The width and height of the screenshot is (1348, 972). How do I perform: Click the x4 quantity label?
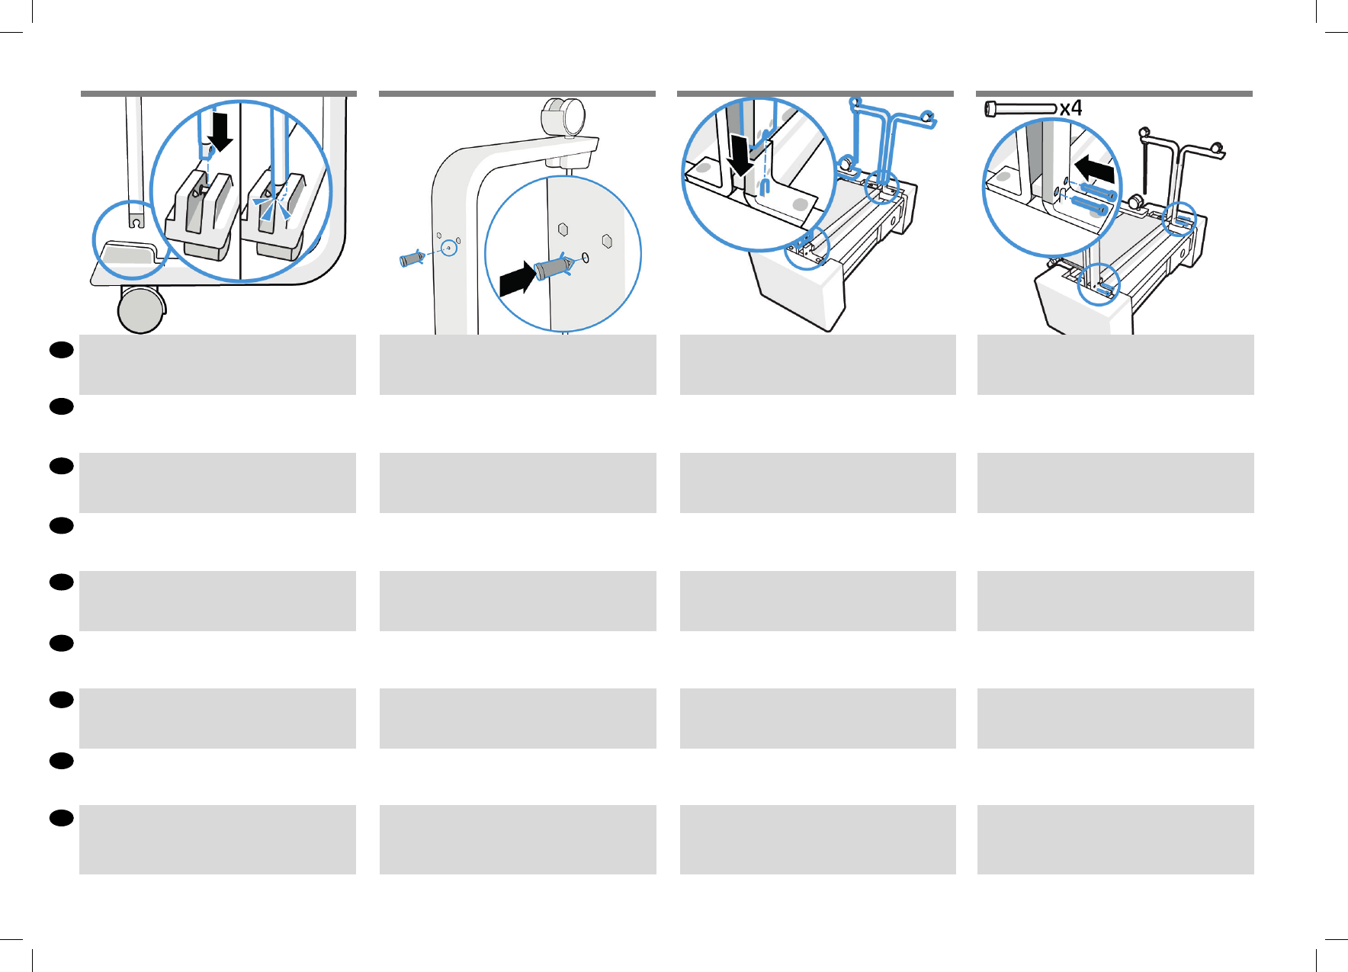click(x=1070, y=108)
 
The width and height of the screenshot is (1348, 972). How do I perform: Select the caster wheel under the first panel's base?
click(x=141, y=310)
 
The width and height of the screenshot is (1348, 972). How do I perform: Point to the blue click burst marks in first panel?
click(x=272, y=206)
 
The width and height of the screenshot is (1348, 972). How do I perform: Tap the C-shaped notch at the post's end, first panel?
click(x=135, y=221)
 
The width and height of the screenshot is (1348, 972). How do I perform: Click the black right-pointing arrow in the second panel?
click(x=516, y=279)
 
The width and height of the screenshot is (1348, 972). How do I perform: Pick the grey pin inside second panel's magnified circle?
click(x=553, y=266)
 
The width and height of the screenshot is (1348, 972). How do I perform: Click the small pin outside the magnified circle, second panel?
click(x=411, y=258)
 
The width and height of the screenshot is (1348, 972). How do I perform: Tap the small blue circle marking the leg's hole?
click(x=450, y=248)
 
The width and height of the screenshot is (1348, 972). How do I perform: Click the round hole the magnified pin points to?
click(x=586, y=258)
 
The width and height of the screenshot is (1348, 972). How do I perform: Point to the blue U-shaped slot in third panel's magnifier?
click(x=765, y=186)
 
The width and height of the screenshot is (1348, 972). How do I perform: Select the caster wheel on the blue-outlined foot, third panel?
click(x=846, y=162)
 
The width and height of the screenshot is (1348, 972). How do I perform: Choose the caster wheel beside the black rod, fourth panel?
click(x=1136, y=202)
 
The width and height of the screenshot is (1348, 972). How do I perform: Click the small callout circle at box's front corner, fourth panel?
click(x=1099, y=284)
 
